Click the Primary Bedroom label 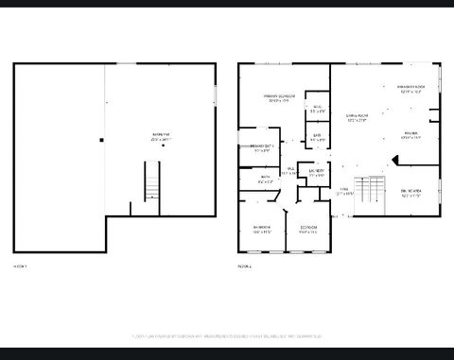(275, 98)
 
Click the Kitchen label (410, 134)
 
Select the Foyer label (344, 192)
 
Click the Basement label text (161, 137)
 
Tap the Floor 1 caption (20, 266)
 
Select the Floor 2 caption (244, 266)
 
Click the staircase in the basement (148, 180)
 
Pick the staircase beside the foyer (372, 191)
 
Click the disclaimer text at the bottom (226, 335)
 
